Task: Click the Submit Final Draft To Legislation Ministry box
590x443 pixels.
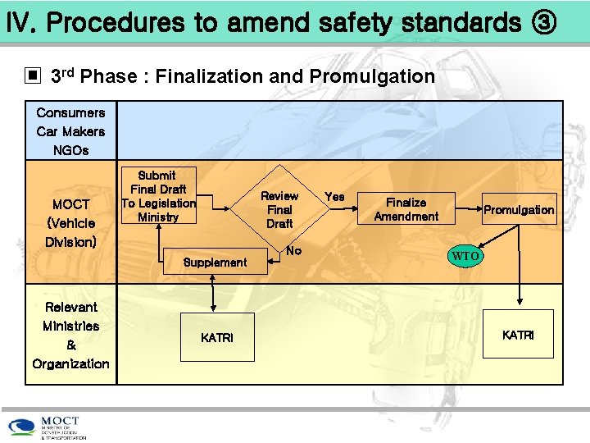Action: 157,197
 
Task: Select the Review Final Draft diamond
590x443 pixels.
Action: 279,209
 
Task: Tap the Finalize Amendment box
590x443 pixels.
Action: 406,209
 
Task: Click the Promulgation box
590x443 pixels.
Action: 519,210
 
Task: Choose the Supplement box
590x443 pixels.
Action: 215,263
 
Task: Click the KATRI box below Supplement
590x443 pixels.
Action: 216,337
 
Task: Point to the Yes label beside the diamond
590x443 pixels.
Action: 334,197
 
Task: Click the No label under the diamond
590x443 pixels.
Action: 294,250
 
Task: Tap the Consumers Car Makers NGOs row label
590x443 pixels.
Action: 70,131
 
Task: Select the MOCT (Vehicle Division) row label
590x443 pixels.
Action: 72,222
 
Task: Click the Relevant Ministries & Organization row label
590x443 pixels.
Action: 70,335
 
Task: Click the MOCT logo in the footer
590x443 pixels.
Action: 49,427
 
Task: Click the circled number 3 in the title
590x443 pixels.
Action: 544,23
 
